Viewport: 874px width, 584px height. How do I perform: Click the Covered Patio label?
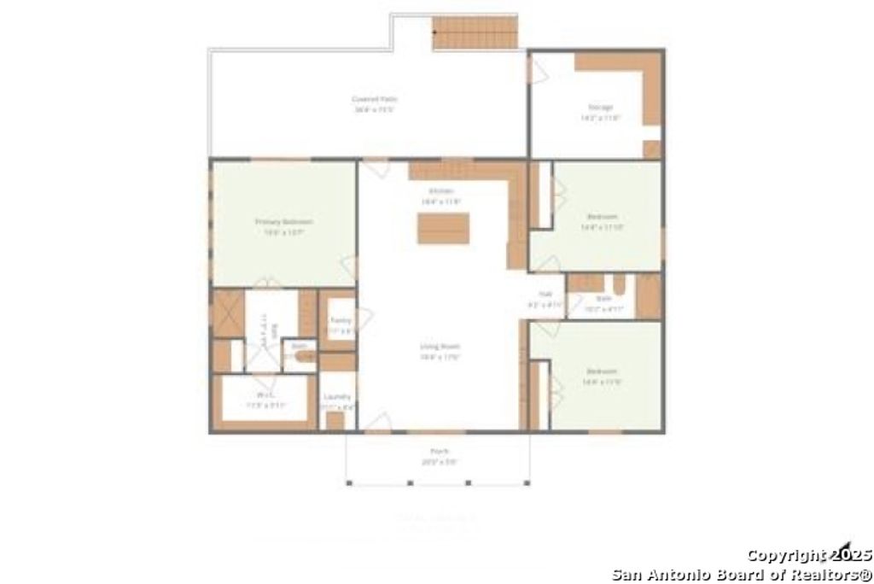tap(375, 100)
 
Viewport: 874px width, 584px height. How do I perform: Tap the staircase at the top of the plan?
tap(475, 32)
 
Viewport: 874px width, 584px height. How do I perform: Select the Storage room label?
tap(600, 108)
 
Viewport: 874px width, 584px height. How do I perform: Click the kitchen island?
tap(443, 229)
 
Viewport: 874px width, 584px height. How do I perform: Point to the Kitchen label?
tap(440, 191)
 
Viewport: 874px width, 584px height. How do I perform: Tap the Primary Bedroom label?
tap(283, 222)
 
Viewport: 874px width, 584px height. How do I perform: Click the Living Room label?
tap(440, 347)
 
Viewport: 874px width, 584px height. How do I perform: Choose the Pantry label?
tap(341, 320)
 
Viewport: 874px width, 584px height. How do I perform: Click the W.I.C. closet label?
tap(265, 395)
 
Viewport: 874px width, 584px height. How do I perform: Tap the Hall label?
tap(546, 294)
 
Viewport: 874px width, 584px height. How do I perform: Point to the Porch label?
tap(440, 451)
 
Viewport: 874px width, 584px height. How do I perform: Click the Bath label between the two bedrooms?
tap(603, 299)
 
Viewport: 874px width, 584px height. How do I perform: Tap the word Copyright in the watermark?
tap(784, 556)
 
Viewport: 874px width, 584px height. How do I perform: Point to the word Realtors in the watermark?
tap(824, 574)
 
